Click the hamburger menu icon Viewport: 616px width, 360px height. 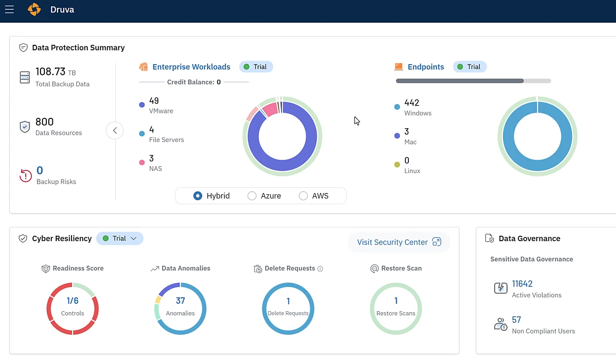(9, 9)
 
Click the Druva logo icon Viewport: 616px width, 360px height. (34, 9)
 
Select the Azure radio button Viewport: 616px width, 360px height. (252, 196)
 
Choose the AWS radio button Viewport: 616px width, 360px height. (303, 196)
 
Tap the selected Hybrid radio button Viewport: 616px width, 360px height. (198, 196)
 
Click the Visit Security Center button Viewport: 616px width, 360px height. (399, 242)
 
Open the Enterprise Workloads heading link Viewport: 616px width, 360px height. (191, 67)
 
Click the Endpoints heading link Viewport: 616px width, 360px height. (426, 67)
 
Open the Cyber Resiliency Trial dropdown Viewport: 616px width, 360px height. (120, 239)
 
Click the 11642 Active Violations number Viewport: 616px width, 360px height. (522, 284)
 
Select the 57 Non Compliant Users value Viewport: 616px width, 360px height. (516, 320)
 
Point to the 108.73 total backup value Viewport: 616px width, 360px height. (50, 72)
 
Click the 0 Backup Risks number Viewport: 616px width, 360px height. (40, 171)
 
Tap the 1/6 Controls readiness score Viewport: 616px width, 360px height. (72, 301)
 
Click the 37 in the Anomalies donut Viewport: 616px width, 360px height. (181, 301)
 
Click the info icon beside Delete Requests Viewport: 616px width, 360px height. (320, 269)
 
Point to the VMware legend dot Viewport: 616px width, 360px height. (142, 105)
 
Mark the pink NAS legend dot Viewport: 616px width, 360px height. (142, 162)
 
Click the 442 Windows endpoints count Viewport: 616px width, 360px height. (411, 103)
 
